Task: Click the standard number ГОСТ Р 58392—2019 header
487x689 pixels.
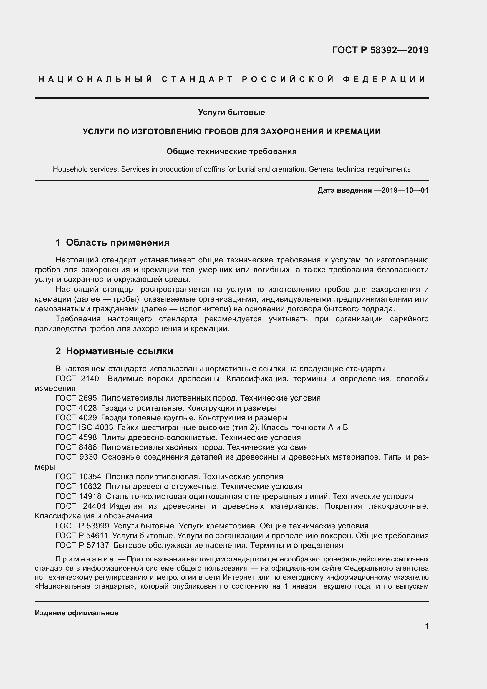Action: pos(380,50)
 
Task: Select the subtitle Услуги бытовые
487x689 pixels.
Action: pos(231,112)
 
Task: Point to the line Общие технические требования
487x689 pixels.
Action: pos(231,151)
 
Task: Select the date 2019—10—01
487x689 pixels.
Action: pos(405,190)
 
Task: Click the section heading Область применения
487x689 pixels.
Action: pos(117,242)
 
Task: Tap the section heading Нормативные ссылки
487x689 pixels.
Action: pos(119,351)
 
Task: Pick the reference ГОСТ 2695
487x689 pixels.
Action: pos(76,398)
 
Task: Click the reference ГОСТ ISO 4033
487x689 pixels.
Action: pos(84,427)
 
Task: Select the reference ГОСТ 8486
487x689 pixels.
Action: pos(76,447)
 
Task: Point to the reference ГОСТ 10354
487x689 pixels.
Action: pos(78,477)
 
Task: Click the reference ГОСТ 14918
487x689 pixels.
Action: pos(78,496)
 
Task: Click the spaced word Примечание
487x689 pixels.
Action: pos(85,559)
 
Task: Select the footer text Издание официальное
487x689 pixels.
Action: pos(77,613)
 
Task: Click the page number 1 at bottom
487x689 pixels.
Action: pos(426,626)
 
